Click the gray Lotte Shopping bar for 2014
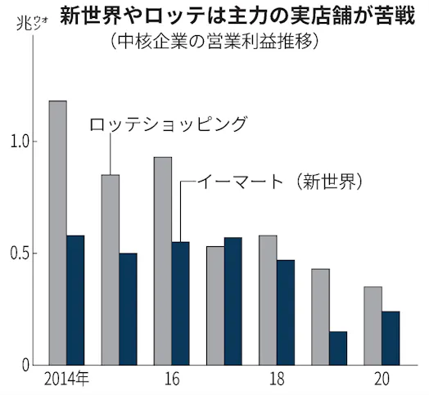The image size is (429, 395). point(58,232)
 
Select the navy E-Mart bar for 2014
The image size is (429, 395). point(75,299)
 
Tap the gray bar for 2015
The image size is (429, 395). point(111,269)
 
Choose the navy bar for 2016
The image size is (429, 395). point(180,303)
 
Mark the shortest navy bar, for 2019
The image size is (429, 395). point(338,348)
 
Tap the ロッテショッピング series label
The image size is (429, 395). point(167,124)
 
